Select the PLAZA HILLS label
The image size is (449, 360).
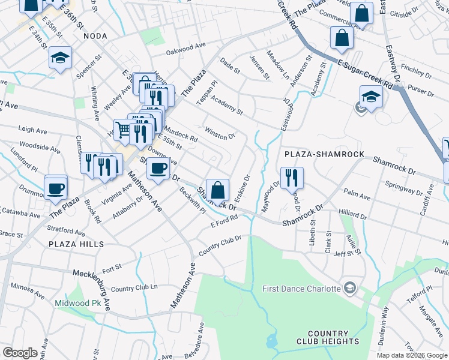click(77, 244)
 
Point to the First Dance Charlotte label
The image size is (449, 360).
click(302, 289)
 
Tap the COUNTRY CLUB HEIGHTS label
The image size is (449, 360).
click(328, 337)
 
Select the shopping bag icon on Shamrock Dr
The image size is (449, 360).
click(218, 190)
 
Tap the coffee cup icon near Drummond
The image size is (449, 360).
click(56, 188)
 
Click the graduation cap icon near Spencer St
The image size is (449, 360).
click(60, 58)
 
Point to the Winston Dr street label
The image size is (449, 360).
click(219, 133)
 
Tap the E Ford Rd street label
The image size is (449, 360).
click(224, 223)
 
